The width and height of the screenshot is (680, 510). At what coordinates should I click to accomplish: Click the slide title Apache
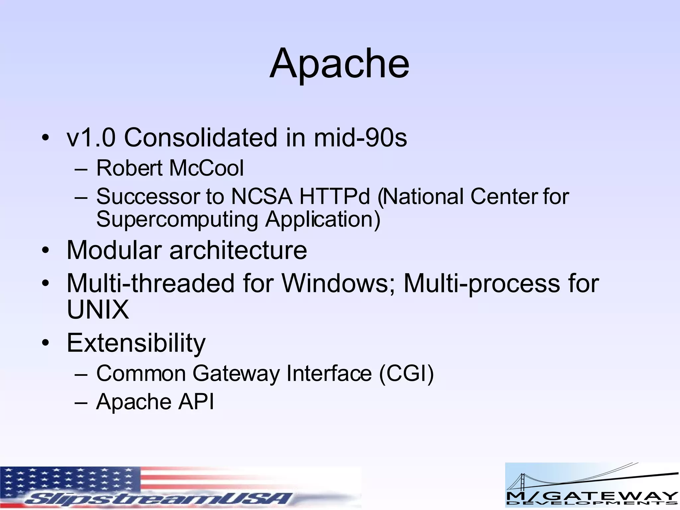click(339, 64)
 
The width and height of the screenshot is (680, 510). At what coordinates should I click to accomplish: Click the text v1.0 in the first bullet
click(91, 138)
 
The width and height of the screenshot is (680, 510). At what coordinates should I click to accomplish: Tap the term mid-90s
click(360, 138)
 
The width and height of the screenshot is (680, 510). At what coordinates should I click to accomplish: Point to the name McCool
click(207, 168)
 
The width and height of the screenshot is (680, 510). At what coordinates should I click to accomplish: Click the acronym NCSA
click(262, 197)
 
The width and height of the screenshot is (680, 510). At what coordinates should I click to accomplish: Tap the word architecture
click(238, 250)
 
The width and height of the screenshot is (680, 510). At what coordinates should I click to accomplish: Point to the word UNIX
click(98, 309)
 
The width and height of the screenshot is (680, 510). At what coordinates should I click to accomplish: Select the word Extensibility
click(136, 343)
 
